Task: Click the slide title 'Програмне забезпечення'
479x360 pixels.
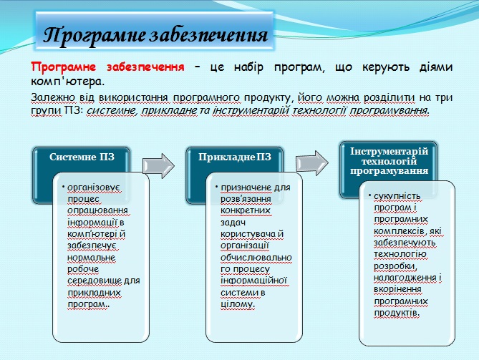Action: [x=156, y=34]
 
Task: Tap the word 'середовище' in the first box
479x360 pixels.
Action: [x=96, y=280]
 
